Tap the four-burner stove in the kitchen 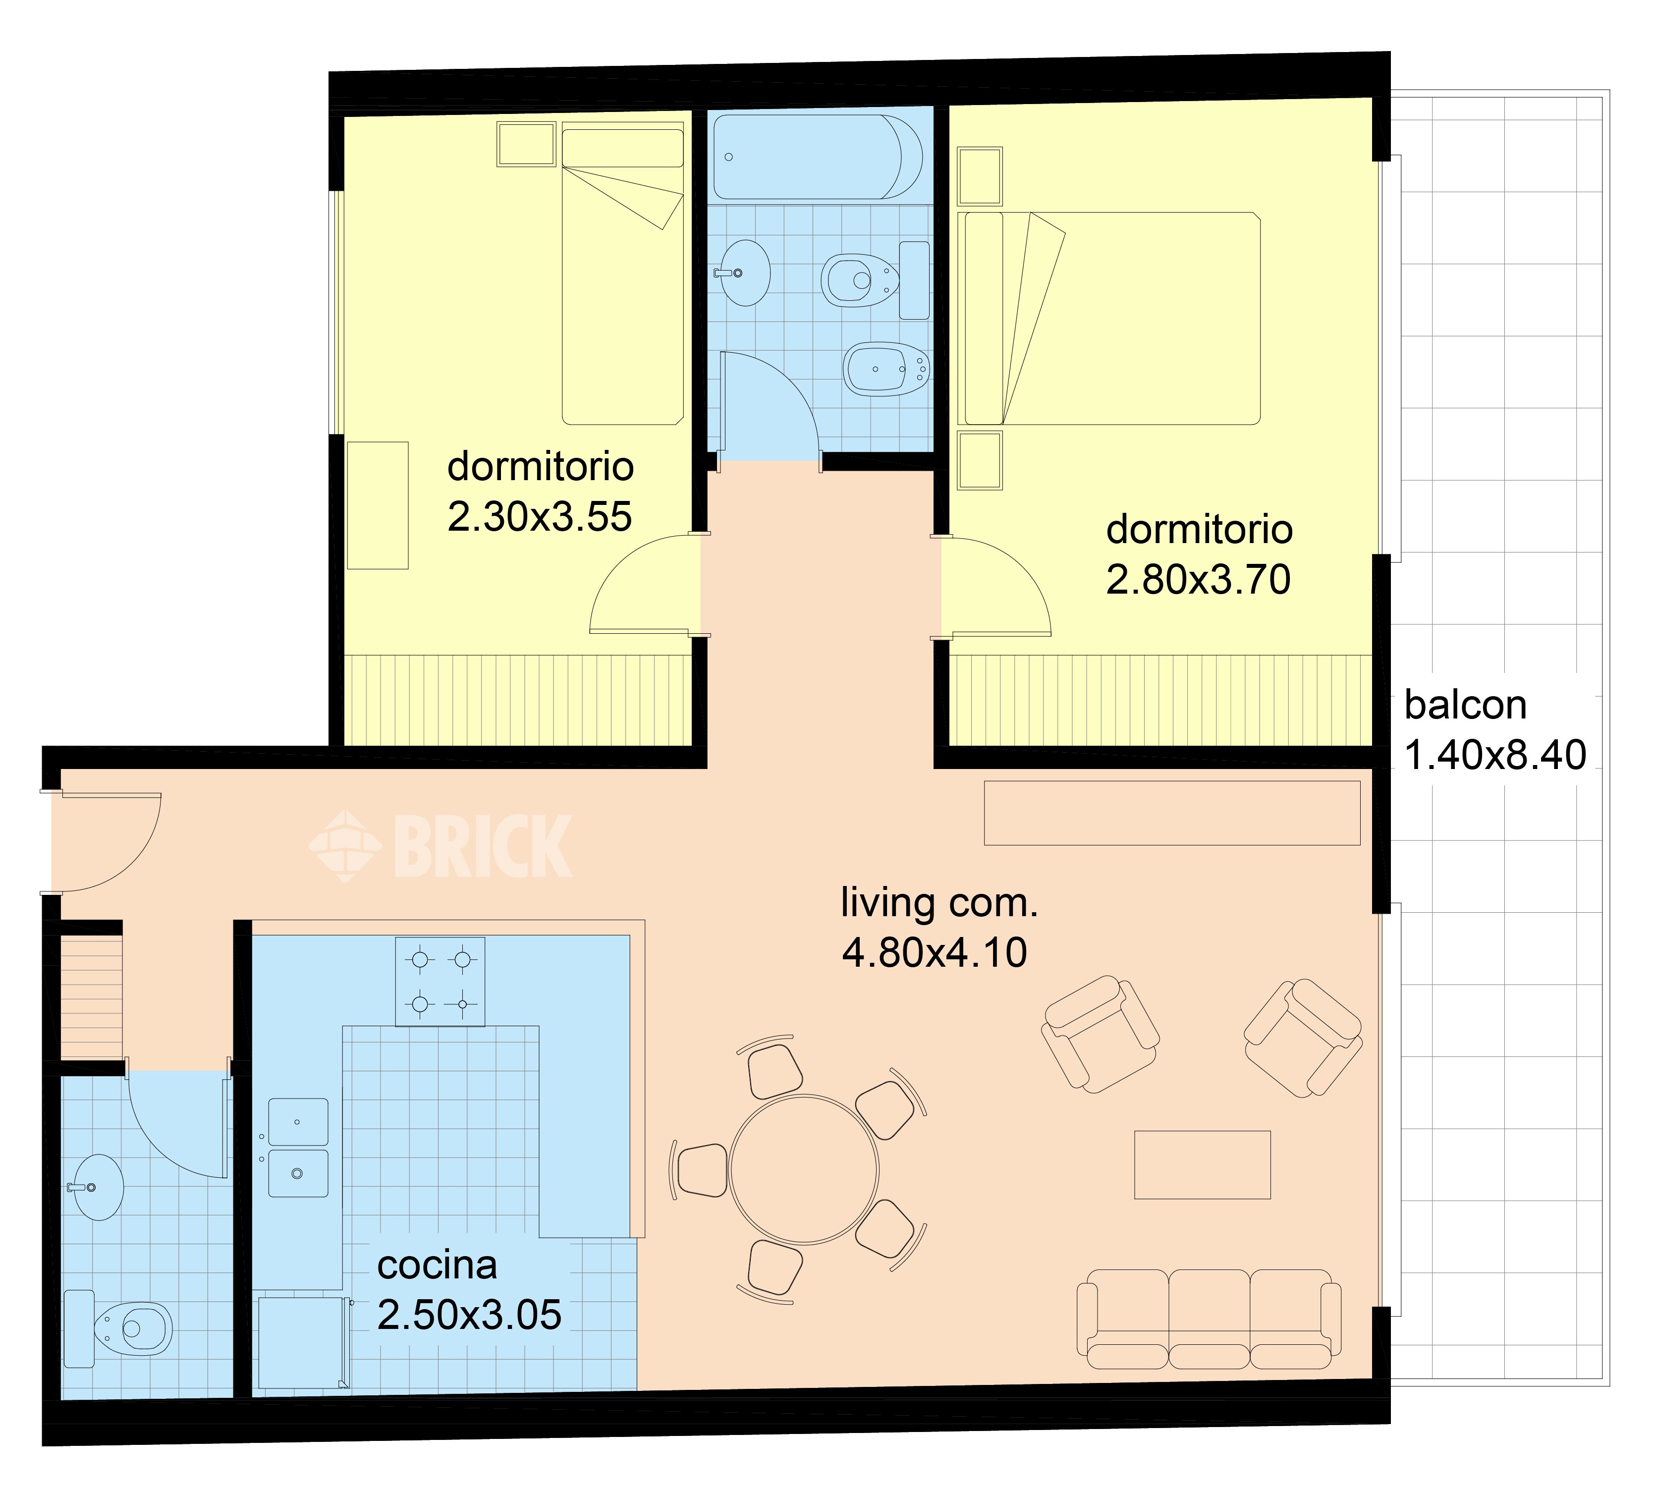tap(440, 981)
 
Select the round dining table tap(804, 1170)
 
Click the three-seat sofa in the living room tap(1209, 1319)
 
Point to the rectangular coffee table tap(1202, 1165)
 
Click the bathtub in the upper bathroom tap(818, 156)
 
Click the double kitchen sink tap(298, 1148)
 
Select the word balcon tap(1465, 705)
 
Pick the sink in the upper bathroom tap(742, 272)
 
